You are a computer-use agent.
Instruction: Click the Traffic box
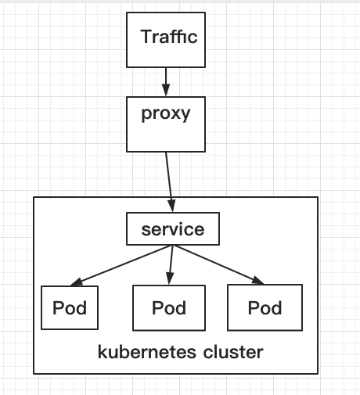(165, 38)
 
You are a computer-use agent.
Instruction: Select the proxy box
(165, 124)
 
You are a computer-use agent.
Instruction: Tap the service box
(172, 230)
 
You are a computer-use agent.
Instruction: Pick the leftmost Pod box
(70, 307)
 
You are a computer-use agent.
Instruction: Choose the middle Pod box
(169, 307)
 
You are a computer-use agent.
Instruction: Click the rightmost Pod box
(264, 307)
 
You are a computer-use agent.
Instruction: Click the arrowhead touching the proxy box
(165, 91)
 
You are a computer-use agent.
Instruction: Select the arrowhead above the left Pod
(76, 282)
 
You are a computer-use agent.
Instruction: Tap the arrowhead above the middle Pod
(170, 279)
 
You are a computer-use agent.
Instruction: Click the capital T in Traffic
(145, 37)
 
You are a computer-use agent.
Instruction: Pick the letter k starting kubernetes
(101, 352)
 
